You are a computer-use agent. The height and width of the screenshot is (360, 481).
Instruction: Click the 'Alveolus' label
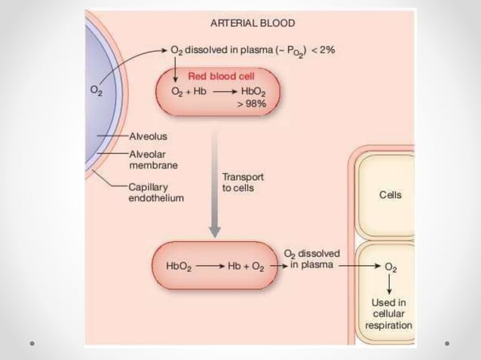pyautogui.click(x=149, y=136)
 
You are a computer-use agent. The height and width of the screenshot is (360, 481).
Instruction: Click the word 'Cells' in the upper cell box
pyautogui.click(x=391, y=194)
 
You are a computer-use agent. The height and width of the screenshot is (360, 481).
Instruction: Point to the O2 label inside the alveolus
pyautogui.click(x=97, y=91)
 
